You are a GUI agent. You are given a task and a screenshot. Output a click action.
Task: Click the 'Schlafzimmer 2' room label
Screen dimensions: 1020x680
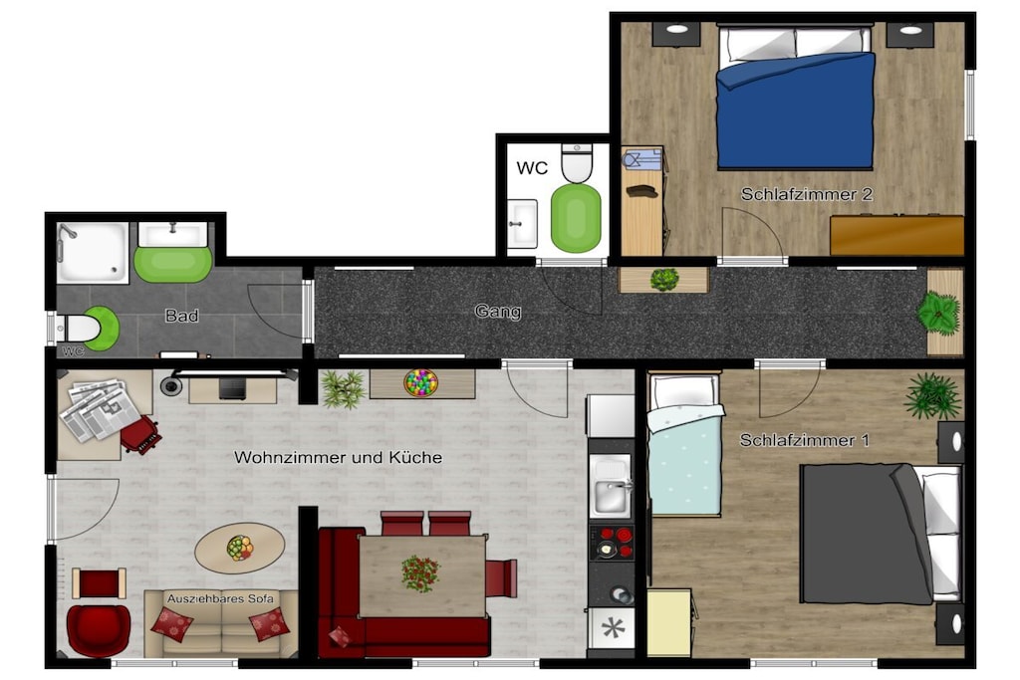[807, 194]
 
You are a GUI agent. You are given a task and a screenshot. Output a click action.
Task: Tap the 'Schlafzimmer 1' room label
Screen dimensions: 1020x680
[804, 440]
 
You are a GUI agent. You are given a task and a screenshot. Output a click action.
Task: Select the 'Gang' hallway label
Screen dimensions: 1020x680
[498, 312]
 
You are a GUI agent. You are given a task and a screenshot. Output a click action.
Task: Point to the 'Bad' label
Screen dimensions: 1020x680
[181, 316]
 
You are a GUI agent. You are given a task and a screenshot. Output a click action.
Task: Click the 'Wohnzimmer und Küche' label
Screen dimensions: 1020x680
[339, 457]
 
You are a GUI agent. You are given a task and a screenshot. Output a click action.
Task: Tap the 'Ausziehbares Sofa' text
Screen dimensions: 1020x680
[220, 598]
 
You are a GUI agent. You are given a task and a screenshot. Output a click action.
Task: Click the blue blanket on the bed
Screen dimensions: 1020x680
[795, 112]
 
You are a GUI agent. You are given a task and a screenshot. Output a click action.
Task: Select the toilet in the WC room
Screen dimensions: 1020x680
[577, 163]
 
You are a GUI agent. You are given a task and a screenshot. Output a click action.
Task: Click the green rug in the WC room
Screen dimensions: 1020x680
[576, 217]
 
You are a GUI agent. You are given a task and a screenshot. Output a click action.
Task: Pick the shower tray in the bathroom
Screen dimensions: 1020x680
[93, 253]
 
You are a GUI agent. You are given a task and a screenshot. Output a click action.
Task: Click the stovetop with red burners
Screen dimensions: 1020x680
[612, 543]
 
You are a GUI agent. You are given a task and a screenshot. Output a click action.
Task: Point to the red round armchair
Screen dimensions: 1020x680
[99, 628]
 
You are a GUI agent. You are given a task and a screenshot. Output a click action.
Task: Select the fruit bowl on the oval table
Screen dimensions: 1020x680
[239, 548]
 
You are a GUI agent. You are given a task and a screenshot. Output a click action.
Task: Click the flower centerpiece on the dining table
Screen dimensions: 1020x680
[419, 572]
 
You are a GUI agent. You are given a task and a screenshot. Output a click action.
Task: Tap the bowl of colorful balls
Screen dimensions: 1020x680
[420, 382]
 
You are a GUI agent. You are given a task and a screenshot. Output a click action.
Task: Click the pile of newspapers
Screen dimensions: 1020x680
[100, 409]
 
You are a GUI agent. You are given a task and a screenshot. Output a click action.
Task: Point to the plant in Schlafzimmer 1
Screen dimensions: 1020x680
[932, 394]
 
